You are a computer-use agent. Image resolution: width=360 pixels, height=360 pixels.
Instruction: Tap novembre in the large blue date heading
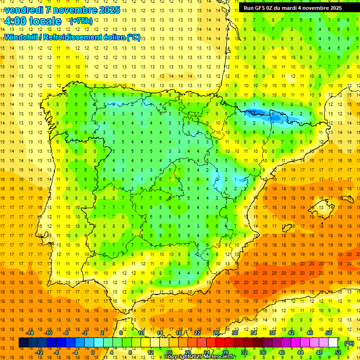(73, 10)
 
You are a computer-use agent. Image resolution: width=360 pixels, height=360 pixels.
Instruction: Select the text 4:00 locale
(33, 21)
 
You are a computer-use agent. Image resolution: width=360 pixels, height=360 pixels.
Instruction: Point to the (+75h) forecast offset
(81, 21)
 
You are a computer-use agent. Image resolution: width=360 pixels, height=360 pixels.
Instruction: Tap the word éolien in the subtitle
(115, 37)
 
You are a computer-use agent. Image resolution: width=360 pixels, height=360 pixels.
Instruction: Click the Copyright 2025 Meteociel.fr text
(200, 357)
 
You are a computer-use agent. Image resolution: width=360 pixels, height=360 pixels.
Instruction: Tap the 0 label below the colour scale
(93, 352)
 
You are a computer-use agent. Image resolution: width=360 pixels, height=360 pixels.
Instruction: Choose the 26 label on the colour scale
(216, 333)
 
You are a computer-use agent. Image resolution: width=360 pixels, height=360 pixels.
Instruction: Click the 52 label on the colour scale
(338, 352)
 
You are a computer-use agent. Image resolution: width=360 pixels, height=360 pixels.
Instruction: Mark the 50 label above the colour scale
(328, 333)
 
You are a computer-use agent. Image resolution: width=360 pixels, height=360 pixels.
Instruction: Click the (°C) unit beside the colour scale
(349, 343)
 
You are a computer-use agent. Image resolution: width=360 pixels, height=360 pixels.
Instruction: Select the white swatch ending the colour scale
(333, 343)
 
